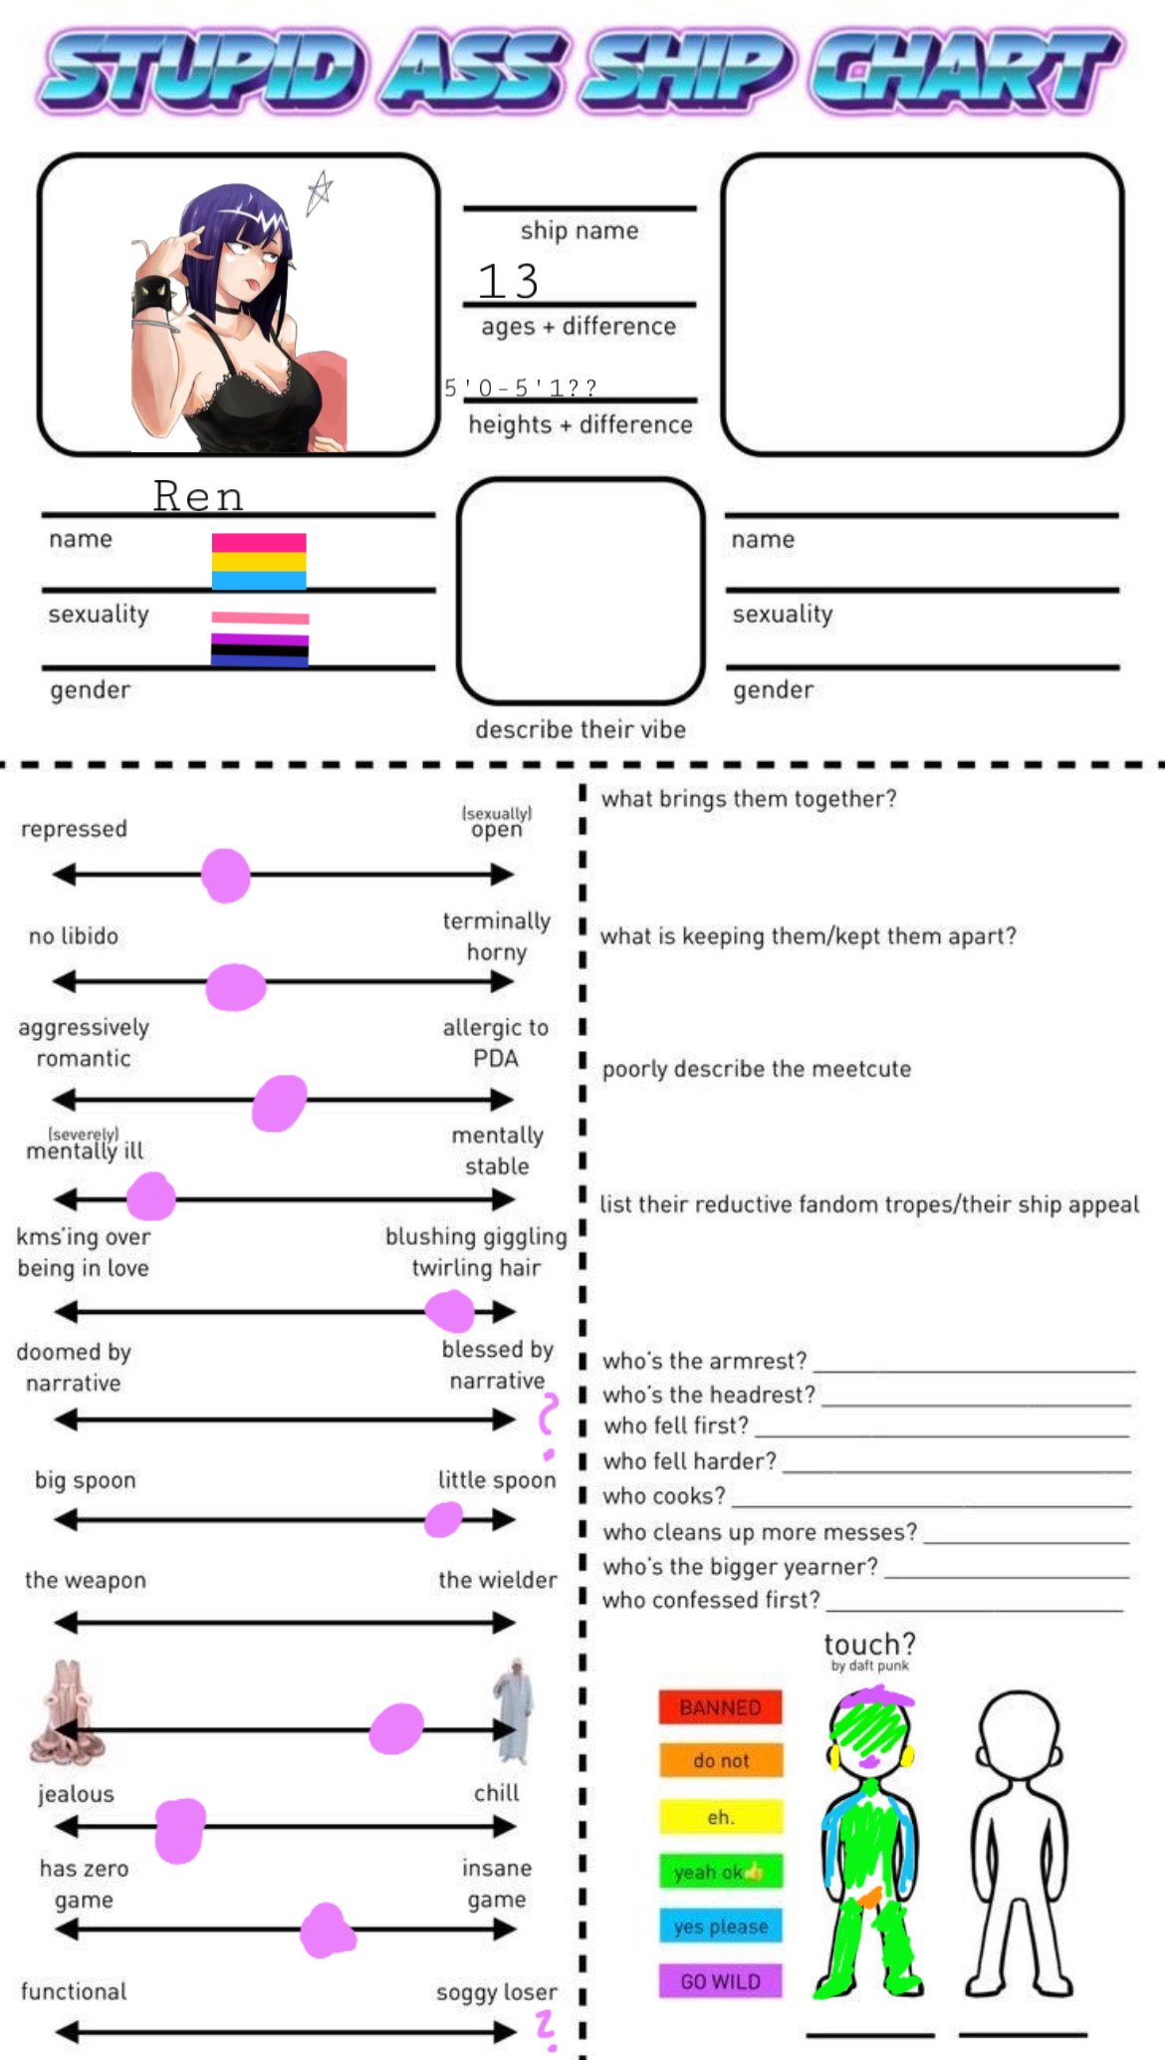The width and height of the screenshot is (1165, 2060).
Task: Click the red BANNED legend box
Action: click(x=720, y=1706)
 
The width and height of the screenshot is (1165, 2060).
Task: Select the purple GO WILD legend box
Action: click(x=720, y=1980)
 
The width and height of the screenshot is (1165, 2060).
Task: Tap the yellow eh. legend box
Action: click(x=720, y=1817)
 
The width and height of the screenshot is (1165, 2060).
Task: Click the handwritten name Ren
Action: click(x=198, y=495)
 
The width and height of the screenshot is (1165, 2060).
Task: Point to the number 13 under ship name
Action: click(x=508, y=281)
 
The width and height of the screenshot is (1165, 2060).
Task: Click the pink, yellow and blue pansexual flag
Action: click(x=259, y=562)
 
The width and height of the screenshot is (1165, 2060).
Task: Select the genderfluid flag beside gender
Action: click(x=260, y=639)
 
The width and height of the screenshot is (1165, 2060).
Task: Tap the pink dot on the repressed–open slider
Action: click(x=226, y=876)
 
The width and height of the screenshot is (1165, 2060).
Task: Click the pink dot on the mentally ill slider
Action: click(x=151, y=1196)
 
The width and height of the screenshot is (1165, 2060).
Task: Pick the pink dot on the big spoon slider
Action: click(x=443, y=1519)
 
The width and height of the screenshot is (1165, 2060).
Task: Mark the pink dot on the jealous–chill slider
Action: click(x=180, y=1830)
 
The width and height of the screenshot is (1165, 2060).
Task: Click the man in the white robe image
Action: click(x=514, y=1709)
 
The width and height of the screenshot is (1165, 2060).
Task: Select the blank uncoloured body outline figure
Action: click(x=1019, y=1843)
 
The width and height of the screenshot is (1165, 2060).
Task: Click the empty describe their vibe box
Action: click(x=582, y=591)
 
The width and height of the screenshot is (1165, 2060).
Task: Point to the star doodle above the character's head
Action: click(x=319, y=192)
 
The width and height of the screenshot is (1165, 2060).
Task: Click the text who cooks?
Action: click(x=664, y=1496)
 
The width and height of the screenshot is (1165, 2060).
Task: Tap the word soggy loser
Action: click(x=496, y=1992)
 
